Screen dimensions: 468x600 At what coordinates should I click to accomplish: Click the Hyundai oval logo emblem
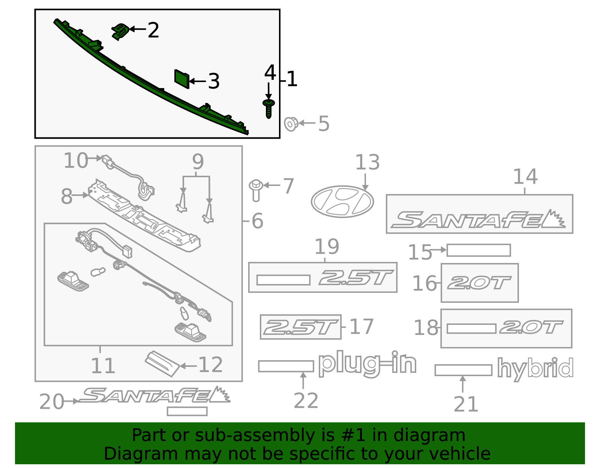(x=342, y=202)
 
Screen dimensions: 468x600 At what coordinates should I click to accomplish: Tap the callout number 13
(x=367, y=163)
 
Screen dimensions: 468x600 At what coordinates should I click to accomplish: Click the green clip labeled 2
(x=120, y=31)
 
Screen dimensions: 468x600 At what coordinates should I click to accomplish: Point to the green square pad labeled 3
(x=182, y=79)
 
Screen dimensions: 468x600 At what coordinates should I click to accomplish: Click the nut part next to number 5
(x=291, y=124)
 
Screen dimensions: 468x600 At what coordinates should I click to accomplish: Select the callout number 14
(x=525, y=176)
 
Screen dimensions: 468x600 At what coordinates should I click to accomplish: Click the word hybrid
(x=535, y=369)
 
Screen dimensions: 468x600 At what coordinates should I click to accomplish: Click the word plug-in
(x=367, y=363)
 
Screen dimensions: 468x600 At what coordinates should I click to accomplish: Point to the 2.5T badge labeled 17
(x=300, y=327)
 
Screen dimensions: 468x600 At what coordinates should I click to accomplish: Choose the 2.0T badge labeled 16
(x=479, y=283)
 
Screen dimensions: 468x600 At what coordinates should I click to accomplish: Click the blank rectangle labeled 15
(x=478, y=250)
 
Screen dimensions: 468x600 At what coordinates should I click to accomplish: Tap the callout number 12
(x=210, y=365)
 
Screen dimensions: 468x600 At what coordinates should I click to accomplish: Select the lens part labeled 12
(x=163, y=363)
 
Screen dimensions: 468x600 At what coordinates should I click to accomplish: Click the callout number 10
(x=76, y=161)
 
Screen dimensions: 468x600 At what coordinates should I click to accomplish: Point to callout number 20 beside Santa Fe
(x=52, y=402)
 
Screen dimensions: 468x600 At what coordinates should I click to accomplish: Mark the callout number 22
(x=306, y=401)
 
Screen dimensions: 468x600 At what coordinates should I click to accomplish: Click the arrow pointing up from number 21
(x=463, y=384)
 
